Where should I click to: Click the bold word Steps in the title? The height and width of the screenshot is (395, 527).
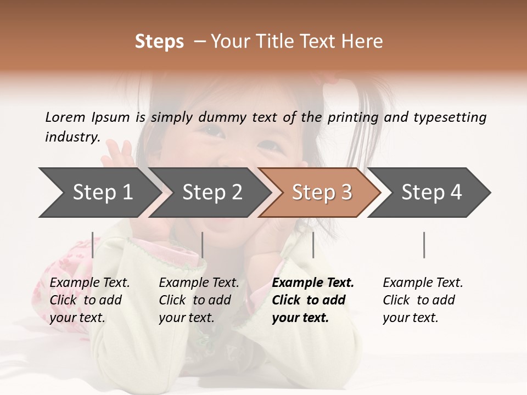click(159, 42)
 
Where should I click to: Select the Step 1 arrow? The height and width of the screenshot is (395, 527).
click(99, 193)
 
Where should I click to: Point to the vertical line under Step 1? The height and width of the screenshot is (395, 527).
click(93, 245)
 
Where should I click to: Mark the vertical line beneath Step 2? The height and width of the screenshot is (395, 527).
click(203, 245)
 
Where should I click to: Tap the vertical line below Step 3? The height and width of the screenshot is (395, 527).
click(313, 245)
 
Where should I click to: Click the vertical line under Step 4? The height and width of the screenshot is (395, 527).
click(424, 245)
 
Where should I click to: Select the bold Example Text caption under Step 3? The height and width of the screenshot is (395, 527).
click(312, 300)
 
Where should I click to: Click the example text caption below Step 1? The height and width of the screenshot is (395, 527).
click(89, 300)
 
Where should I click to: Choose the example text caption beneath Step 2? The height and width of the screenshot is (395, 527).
click(199, 300)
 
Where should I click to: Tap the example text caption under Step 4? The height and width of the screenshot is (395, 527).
click(423, 300)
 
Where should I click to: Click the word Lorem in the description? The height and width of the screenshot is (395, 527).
click(65, 117)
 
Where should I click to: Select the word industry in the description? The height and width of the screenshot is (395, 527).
click(72, 137)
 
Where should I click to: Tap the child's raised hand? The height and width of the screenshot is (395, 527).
click(118, 154)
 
